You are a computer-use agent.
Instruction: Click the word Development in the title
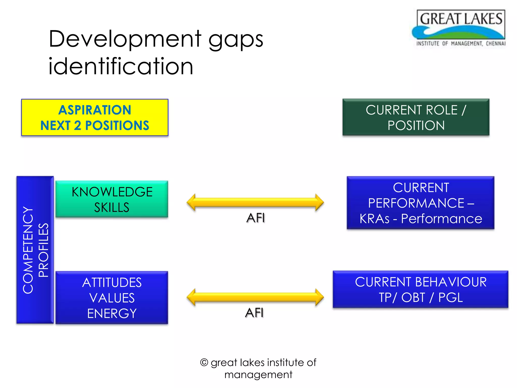coord(125,39)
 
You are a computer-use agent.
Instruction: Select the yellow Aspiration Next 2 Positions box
coord(95,117)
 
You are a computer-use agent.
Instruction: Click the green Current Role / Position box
coord(416,117)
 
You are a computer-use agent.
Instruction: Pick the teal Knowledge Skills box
coord(112,199)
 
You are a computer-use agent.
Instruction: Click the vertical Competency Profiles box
coord(35,250)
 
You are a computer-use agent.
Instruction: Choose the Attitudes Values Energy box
coord(112,298)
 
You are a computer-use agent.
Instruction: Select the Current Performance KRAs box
coord(421,203)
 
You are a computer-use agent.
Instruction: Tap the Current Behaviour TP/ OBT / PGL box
coord(421,289)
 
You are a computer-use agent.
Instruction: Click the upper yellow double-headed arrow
coord(255,202)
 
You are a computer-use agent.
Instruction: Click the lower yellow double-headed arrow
coord(255,297)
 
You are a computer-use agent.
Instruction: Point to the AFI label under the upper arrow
coord(255,218)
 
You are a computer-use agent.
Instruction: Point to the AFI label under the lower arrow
coord(254,313)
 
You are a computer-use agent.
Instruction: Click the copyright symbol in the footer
coord(204,362)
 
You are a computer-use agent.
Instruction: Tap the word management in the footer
coord(258,375)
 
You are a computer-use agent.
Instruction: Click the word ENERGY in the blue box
coord(112,313)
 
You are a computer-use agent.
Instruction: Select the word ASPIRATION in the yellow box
coord(95,110)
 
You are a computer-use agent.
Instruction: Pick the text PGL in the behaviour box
coord(451,297)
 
